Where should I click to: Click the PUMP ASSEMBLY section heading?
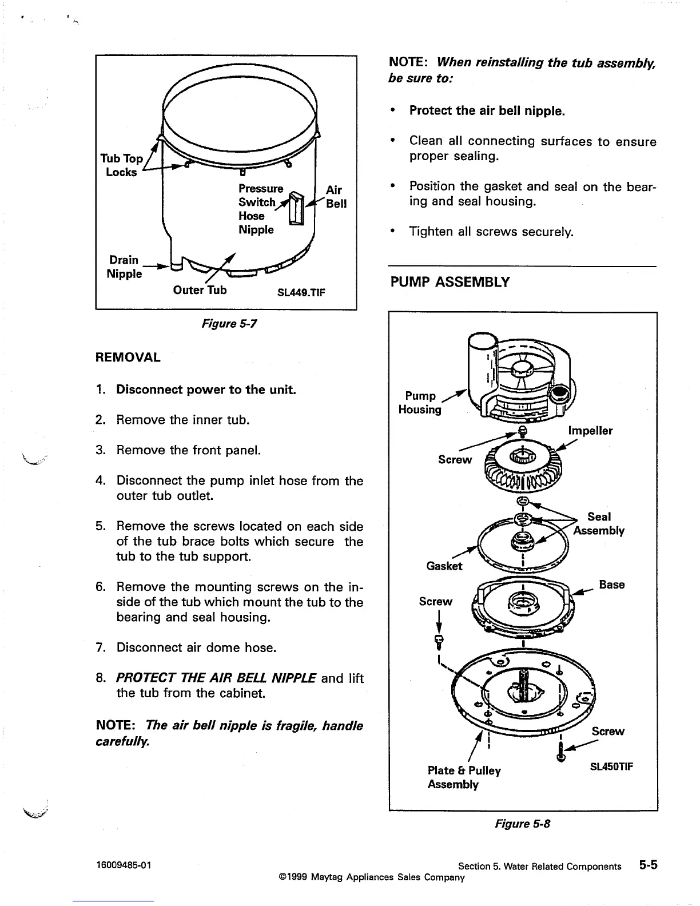[x=450, y=283]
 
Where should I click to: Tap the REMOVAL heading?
[x=128, y=357]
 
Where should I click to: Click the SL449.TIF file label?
[x=301, y=293]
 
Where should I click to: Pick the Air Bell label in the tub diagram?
[x=336, y=197]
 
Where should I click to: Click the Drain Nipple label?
[x=124, y=267]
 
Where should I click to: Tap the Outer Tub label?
[x=200, y=290]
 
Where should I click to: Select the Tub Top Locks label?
[x=121, y=165]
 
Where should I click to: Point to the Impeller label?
[x=590, y=431]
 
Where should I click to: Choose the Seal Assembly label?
[x=599, y=524]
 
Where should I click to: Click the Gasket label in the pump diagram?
[x=444, y=566]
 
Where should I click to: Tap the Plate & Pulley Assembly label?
[x=464, y=777]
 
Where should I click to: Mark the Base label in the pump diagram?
[x=611, y=585]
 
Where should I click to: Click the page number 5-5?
[x=648, y=865]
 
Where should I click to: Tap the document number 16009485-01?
[x=124, y=865]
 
